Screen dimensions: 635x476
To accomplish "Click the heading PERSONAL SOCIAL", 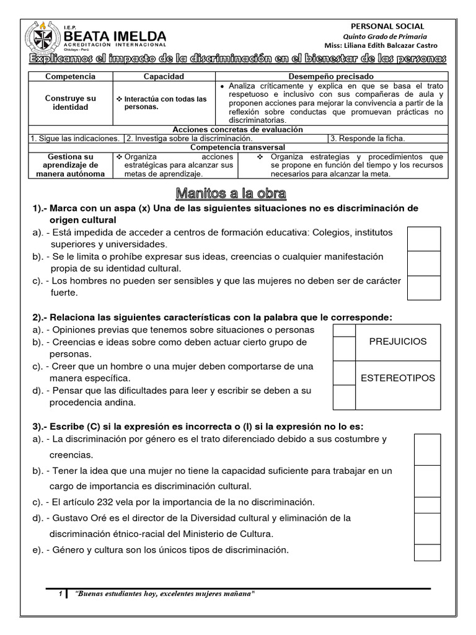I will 387,26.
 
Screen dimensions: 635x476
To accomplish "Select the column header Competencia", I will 71,76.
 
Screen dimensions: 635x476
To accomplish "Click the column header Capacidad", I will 164,76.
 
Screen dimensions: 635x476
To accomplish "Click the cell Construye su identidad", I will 71,103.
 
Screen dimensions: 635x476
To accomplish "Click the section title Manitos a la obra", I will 231,193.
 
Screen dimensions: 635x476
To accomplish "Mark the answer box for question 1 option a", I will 424,239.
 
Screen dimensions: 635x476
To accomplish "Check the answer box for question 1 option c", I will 424,288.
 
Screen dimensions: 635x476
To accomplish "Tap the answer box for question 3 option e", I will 427,552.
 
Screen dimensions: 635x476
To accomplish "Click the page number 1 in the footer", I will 60,594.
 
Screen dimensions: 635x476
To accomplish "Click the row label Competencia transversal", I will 237,147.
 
